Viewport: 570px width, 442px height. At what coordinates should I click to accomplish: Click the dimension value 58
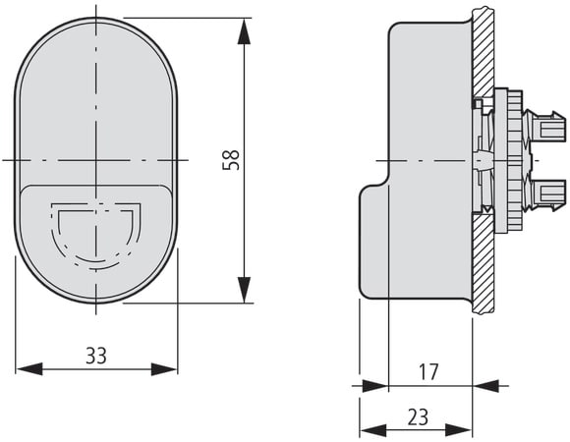(231, 160)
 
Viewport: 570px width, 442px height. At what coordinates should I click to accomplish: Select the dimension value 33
(96, 356)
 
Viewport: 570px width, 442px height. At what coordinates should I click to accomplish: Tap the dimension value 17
(429, 372)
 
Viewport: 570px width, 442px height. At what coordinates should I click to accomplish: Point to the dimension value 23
(418, 416)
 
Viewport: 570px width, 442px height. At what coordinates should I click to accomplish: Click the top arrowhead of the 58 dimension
(244, 31)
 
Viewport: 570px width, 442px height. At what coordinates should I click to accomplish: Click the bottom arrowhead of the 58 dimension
(244, 290)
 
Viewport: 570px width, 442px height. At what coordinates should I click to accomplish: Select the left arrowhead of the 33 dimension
(29, 369)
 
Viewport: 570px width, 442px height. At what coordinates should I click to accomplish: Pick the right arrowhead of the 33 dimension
(164, 369)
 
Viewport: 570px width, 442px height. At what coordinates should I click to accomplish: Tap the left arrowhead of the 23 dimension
(373, 431)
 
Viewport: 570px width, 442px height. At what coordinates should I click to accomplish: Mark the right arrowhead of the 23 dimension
(459, 431)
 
